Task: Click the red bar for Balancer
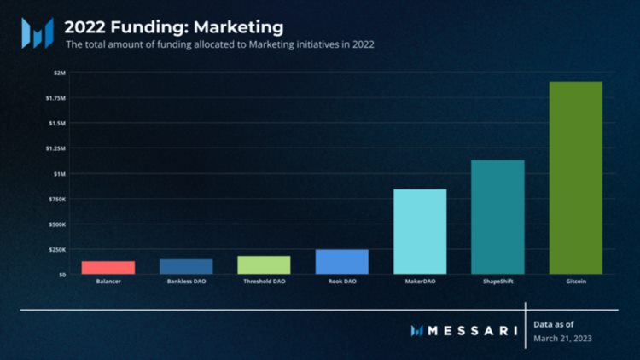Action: click(x=108, y=267)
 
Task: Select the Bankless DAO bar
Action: click(x=186, y=266)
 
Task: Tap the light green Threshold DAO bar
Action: click(x=264, y=264)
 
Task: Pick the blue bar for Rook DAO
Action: click(x=342, y=261)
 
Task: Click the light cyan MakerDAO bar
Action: click(x=420, y=231)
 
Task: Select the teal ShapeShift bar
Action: click(x=497, y=217)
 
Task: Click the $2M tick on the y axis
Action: click(x=59, y=73)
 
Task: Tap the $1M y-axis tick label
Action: click(x=59, y=174)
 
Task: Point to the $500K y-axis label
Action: click(x=57, y=224)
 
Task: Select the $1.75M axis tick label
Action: click(x=56, y=98)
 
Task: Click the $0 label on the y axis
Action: click(x=61, y=275)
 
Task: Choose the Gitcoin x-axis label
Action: click(x=575, y=282)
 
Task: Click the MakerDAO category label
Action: click(x=420, y=282)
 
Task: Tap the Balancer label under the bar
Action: click(x=108, y=282)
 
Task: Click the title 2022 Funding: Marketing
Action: click(x=174, y=28)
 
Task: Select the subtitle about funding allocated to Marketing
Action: click(x=220, y=44)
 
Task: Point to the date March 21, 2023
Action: click(x=562, y=339)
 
